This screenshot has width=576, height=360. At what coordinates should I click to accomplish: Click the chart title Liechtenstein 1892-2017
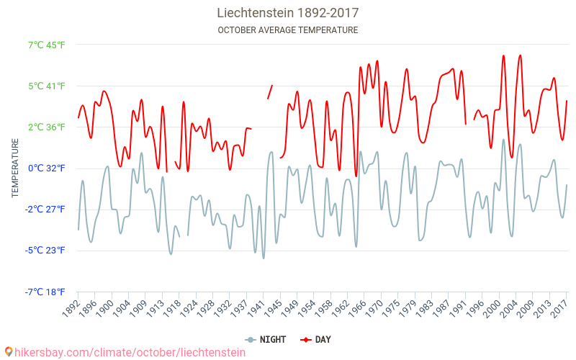tap(288, 13)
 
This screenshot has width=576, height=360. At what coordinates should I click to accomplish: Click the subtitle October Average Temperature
tap(288, 30)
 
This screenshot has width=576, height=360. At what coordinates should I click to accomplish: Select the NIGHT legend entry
tap(266, 339)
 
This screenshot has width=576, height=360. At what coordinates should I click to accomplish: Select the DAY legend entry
tap(316, 339)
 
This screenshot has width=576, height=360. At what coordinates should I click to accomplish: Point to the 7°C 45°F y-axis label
tap(46, 45)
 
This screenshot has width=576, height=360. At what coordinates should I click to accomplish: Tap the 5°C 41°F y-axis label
tap(46, 86)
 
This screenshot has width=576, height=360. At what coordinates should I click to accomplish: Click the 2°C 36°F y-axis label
tap(46, 127)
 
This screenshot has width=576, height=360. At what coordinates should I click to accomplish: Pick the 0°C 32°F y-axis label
tap(46, 168)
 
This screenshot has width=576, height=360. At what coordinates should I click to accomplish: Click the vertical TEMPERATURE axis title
tap(14, 168)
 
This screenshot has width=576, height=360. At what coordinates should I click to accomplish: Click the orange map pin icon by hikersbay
tap(8, 352)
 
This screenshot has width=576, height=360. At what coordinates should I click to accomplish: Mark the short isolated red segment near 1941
tap(270, 91)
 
